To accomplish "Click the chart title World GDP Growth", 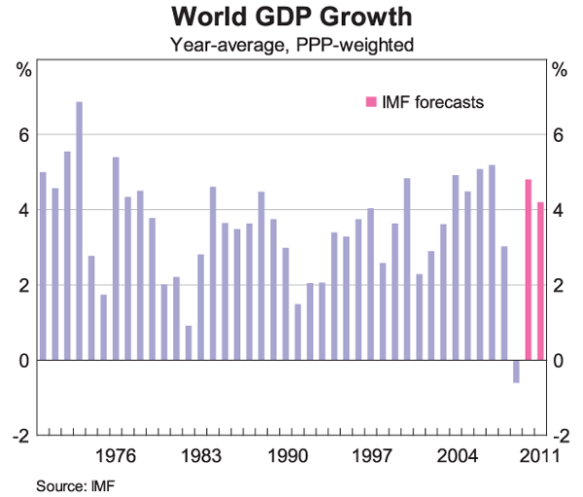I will (x=291, y=17).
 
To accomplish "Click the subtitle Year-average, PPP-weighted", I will (x=291, y=44).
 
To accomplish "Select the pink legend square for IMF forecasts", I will (x=368, y=101).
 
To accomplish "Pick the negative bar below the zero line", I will (x=516, y=371).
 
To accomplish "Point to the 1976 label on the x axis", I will (x=116, y=455).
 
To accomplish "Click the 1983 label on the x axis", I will (x=201, y=455).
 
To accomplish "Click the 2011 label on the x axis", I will (x=536, y=455).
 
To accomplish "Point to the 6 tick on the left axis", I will (x=24, y=135).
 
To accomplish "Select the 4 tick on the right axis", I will (x=558, y=210).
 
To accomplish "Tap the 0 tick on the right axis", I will (x=558, y=360).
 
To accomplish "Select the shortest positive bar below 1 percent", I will (x=189, y=342).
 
